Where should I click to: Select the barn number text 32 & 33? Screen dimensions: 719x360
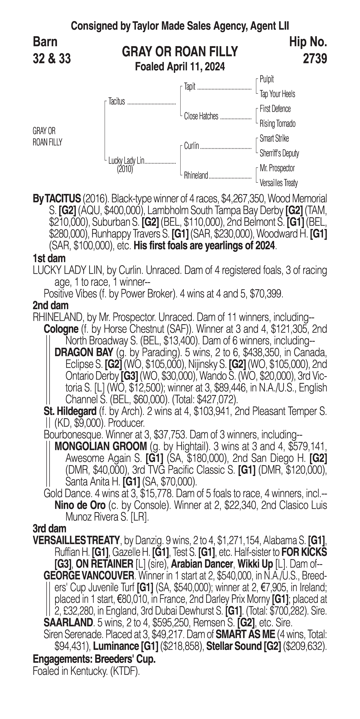click(x=52, y=59)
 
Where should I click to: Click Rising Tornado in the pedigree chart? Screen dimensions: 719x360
click(x=277, y=124)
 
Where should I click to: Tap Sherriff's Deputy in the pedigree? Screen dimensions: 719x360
click(x=279, y=153)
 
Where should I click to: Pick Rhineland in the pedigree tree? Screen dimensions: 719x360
click(x=196, y=176)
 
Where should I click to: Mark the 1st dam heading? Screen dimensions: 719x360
click(x=49, y=258)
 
